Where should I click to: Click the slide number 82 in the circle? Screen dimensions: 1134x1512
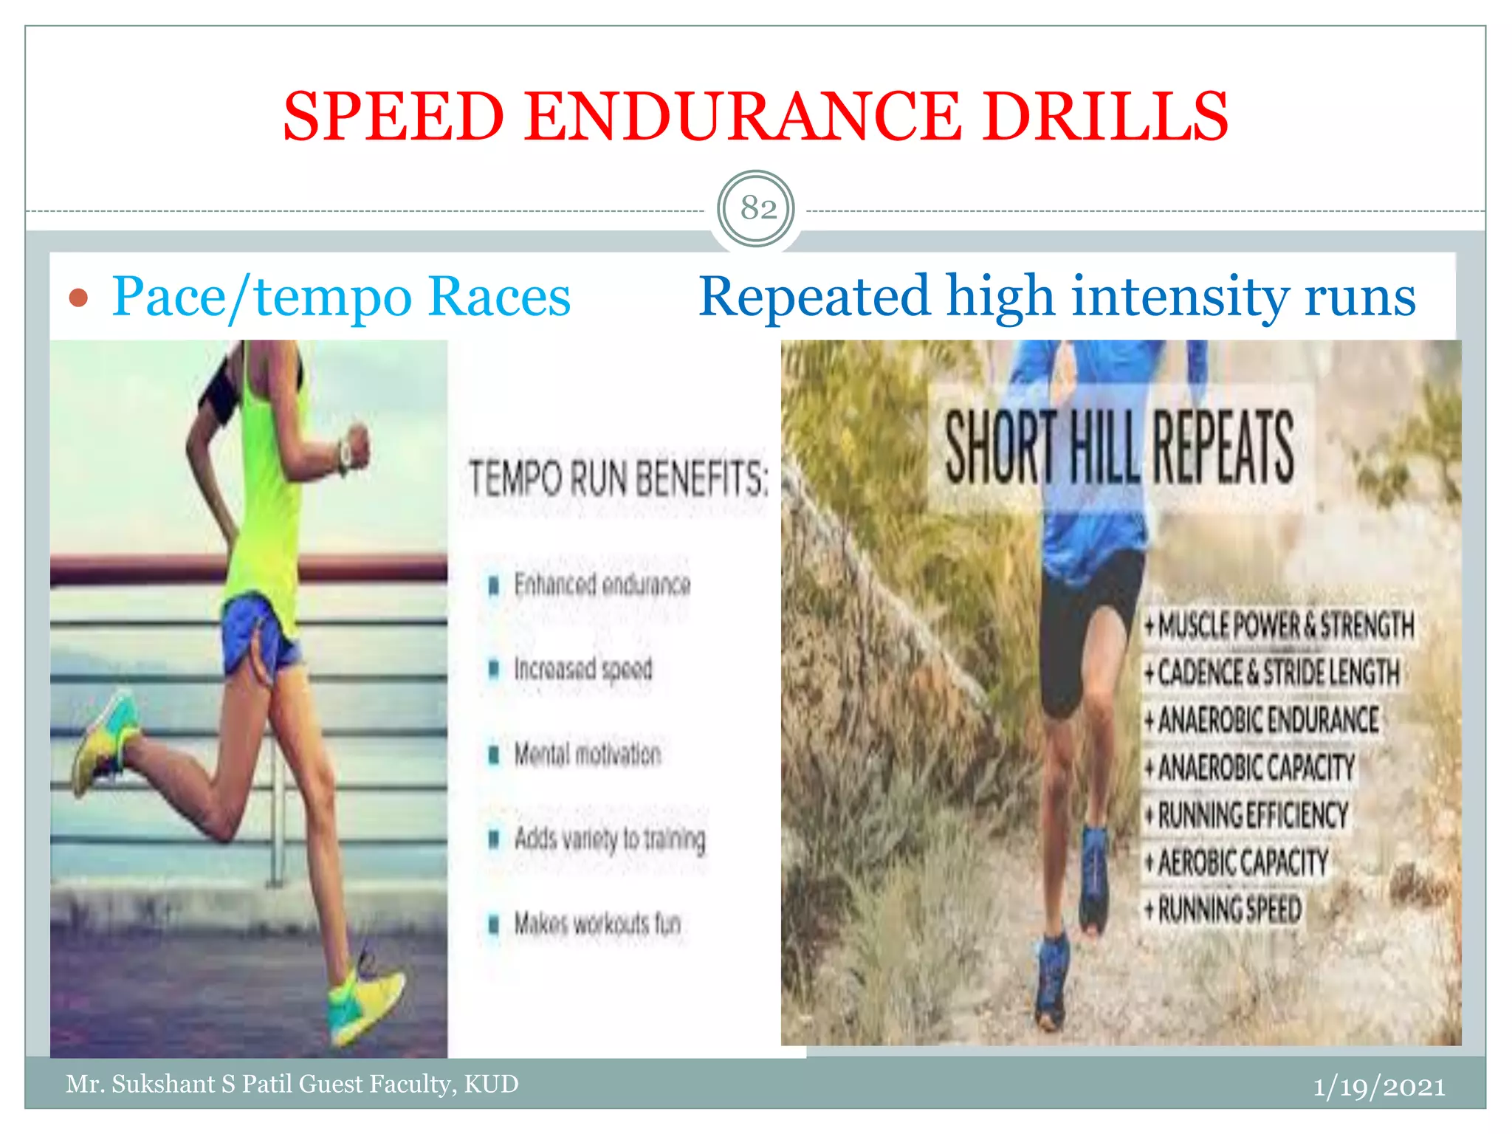[757, 208]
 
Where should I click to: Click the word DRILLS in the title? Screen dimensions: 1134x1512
[1105, 117]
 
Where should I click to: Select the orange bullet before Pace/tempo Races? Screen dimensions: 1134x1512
[78, 298]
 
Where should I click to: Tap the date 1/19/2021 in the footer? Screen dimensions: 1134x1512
[1378, 1087]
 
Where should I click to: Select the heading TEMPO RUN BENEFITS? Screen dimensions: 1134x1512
[618, 478]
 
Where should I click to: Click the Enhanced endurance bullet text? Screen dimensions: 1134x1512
[602, 585]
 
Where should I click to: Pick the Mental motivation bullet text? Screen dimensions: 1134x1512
[587, 755]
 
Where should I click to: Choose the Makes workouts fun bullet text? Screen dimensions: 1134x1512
[597, 924]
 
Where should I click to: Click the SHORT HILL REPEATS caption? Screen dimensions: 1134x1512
[1118, 447]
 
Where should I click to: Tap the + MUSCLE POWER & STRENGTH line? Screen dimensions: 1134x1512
[1279, 625]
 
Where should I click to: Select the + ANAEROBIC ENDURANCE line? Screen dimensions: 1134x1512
[1262, 720]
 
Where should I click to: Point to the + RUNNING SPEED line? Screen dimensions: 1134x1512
[1223, 909]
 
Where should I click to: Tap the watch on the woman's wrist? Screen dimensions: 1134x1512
[346, 456]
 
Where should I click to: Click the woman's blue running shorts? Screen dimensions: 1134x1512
[260, 639]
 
